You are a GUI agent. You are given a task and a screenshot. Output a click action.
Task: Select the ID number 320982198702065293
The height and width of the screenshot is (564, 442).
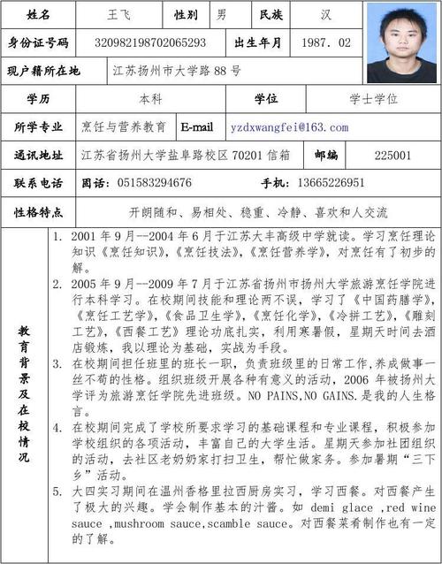(x=150, y=42)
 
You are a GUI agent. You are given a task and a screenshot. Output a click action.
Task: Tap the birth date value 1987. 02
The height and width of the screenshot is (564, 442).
(x=325, y=42)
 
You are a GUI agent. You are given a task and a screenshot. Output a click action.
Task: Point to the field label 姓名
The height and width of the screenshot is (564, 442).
(x=39, y=15)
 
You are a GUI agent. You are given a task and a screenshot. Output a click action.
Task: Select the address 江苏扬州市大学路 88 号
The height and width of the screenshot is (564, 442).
(x=177, y=70)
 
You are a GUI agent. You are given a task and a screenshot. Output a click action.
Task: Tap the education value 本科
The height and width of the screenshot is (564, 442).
(x=150, y=99)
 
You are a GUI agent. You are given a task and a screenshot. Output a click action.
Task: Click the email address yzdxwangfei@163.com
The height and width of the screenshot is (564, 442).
(x=289, y=127)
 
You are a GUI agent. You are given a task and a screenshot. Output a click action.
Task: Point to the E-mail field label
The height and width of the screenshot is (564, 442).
(x=197, y=127)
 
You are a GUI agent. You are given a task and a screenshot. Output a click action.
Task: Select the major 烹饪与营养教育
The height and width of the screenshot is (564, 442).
(x=124, y=127)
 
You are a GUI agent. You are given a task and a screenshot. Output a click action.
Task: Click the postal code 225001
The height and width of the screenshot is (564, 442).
(x=392, y=155)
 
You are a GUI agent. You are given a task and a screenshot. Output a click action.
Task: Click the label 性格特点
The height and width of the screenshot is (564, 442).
(x=39, y=212)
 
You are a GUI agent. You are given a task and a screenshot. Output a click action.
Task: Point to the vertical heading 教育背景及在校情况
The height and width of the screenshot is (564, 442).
(x=24, y=393)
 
